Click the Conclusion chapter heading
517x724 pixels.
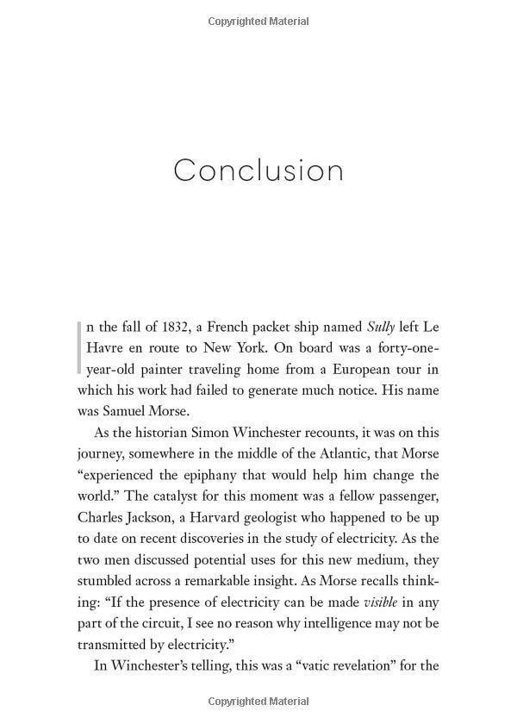coord(258,170)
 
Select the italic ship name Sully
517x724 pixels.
coord(381,327)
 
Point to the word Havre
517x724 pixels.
coord(105,348)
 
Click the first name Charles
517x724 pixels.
coord(103,517)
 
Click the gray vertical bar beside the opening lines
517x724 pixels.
coord(80,347)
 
